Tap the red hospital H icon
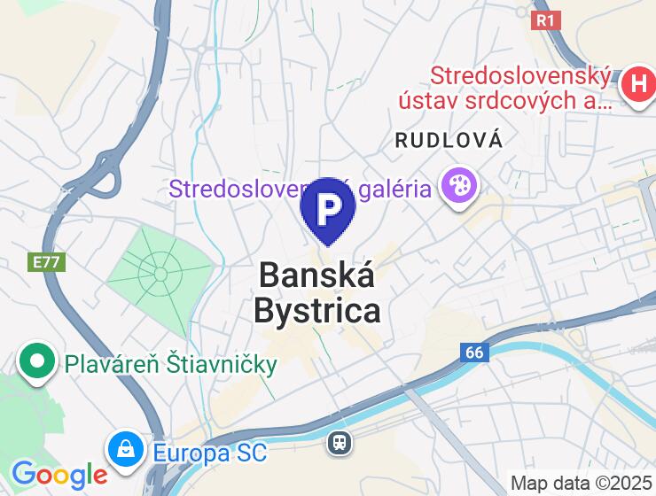click(637, 85)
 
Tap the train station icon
click(340, 442)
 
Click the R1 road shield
click(546, 19)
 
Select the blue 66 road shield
click(475, 353)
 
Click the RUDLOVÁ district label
click(449, 140)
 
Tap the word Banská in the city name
click(316, 275)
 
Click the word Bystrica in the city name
click(317, 311)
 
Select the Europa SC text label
click(209, 453)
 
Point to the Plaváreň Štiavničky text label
click(170, 364)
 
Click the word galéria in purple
click(398, 188)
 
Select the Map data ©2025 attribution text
click(582, 484)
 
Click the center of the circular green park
click(160, 274)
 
